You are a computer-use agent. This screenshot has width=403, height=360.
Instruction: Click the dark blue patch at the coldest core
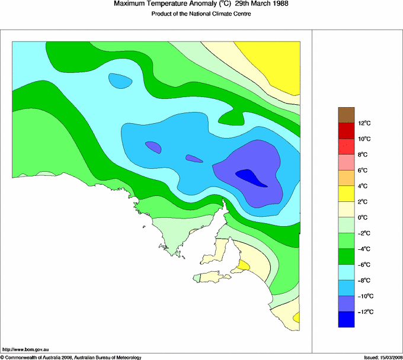pos(251,176)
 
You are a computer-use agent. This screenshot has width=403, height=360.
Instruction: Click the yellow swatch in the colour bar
pos(346,193)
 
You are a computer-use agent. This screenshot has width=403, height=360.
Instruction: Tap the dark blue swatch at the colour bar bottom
pos(346,319)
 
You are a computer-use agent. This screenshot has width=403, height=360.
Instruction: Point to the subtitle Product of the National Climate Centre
pos(201,14)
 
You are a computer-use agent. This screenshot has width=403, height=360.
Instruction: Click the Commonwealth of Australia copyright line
pos(71,357)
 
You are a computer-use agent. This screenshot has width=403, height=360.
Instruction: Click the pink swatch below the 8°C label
pos(346,162)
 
